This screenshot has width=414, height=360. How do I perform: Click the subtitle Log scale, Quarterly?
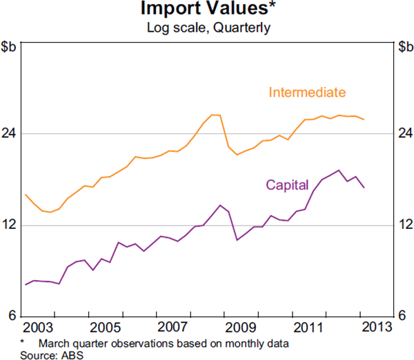(x=207, y=28)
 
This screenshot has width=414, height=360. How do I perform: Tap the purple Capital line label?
(x=287, y=185)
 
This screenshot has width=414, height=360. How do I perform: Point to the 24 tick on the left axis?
(x=11, y=133)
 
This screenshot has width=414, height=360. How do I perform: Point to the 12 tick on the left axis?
(x=11, y=225)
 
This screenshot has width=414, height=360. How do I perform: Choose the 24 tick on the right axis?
(x=404, y=133)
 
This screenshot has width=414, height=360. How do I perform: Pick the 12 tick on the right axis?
(x=404, y=225)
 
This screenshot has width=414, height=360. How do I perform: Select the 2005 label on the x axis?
(x=105, y=326)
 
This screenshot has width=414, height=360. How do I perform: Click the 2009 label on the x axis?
(x=240, y=326)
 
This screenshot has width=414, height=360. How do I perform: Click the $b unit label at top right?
(x=404, y=47)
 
